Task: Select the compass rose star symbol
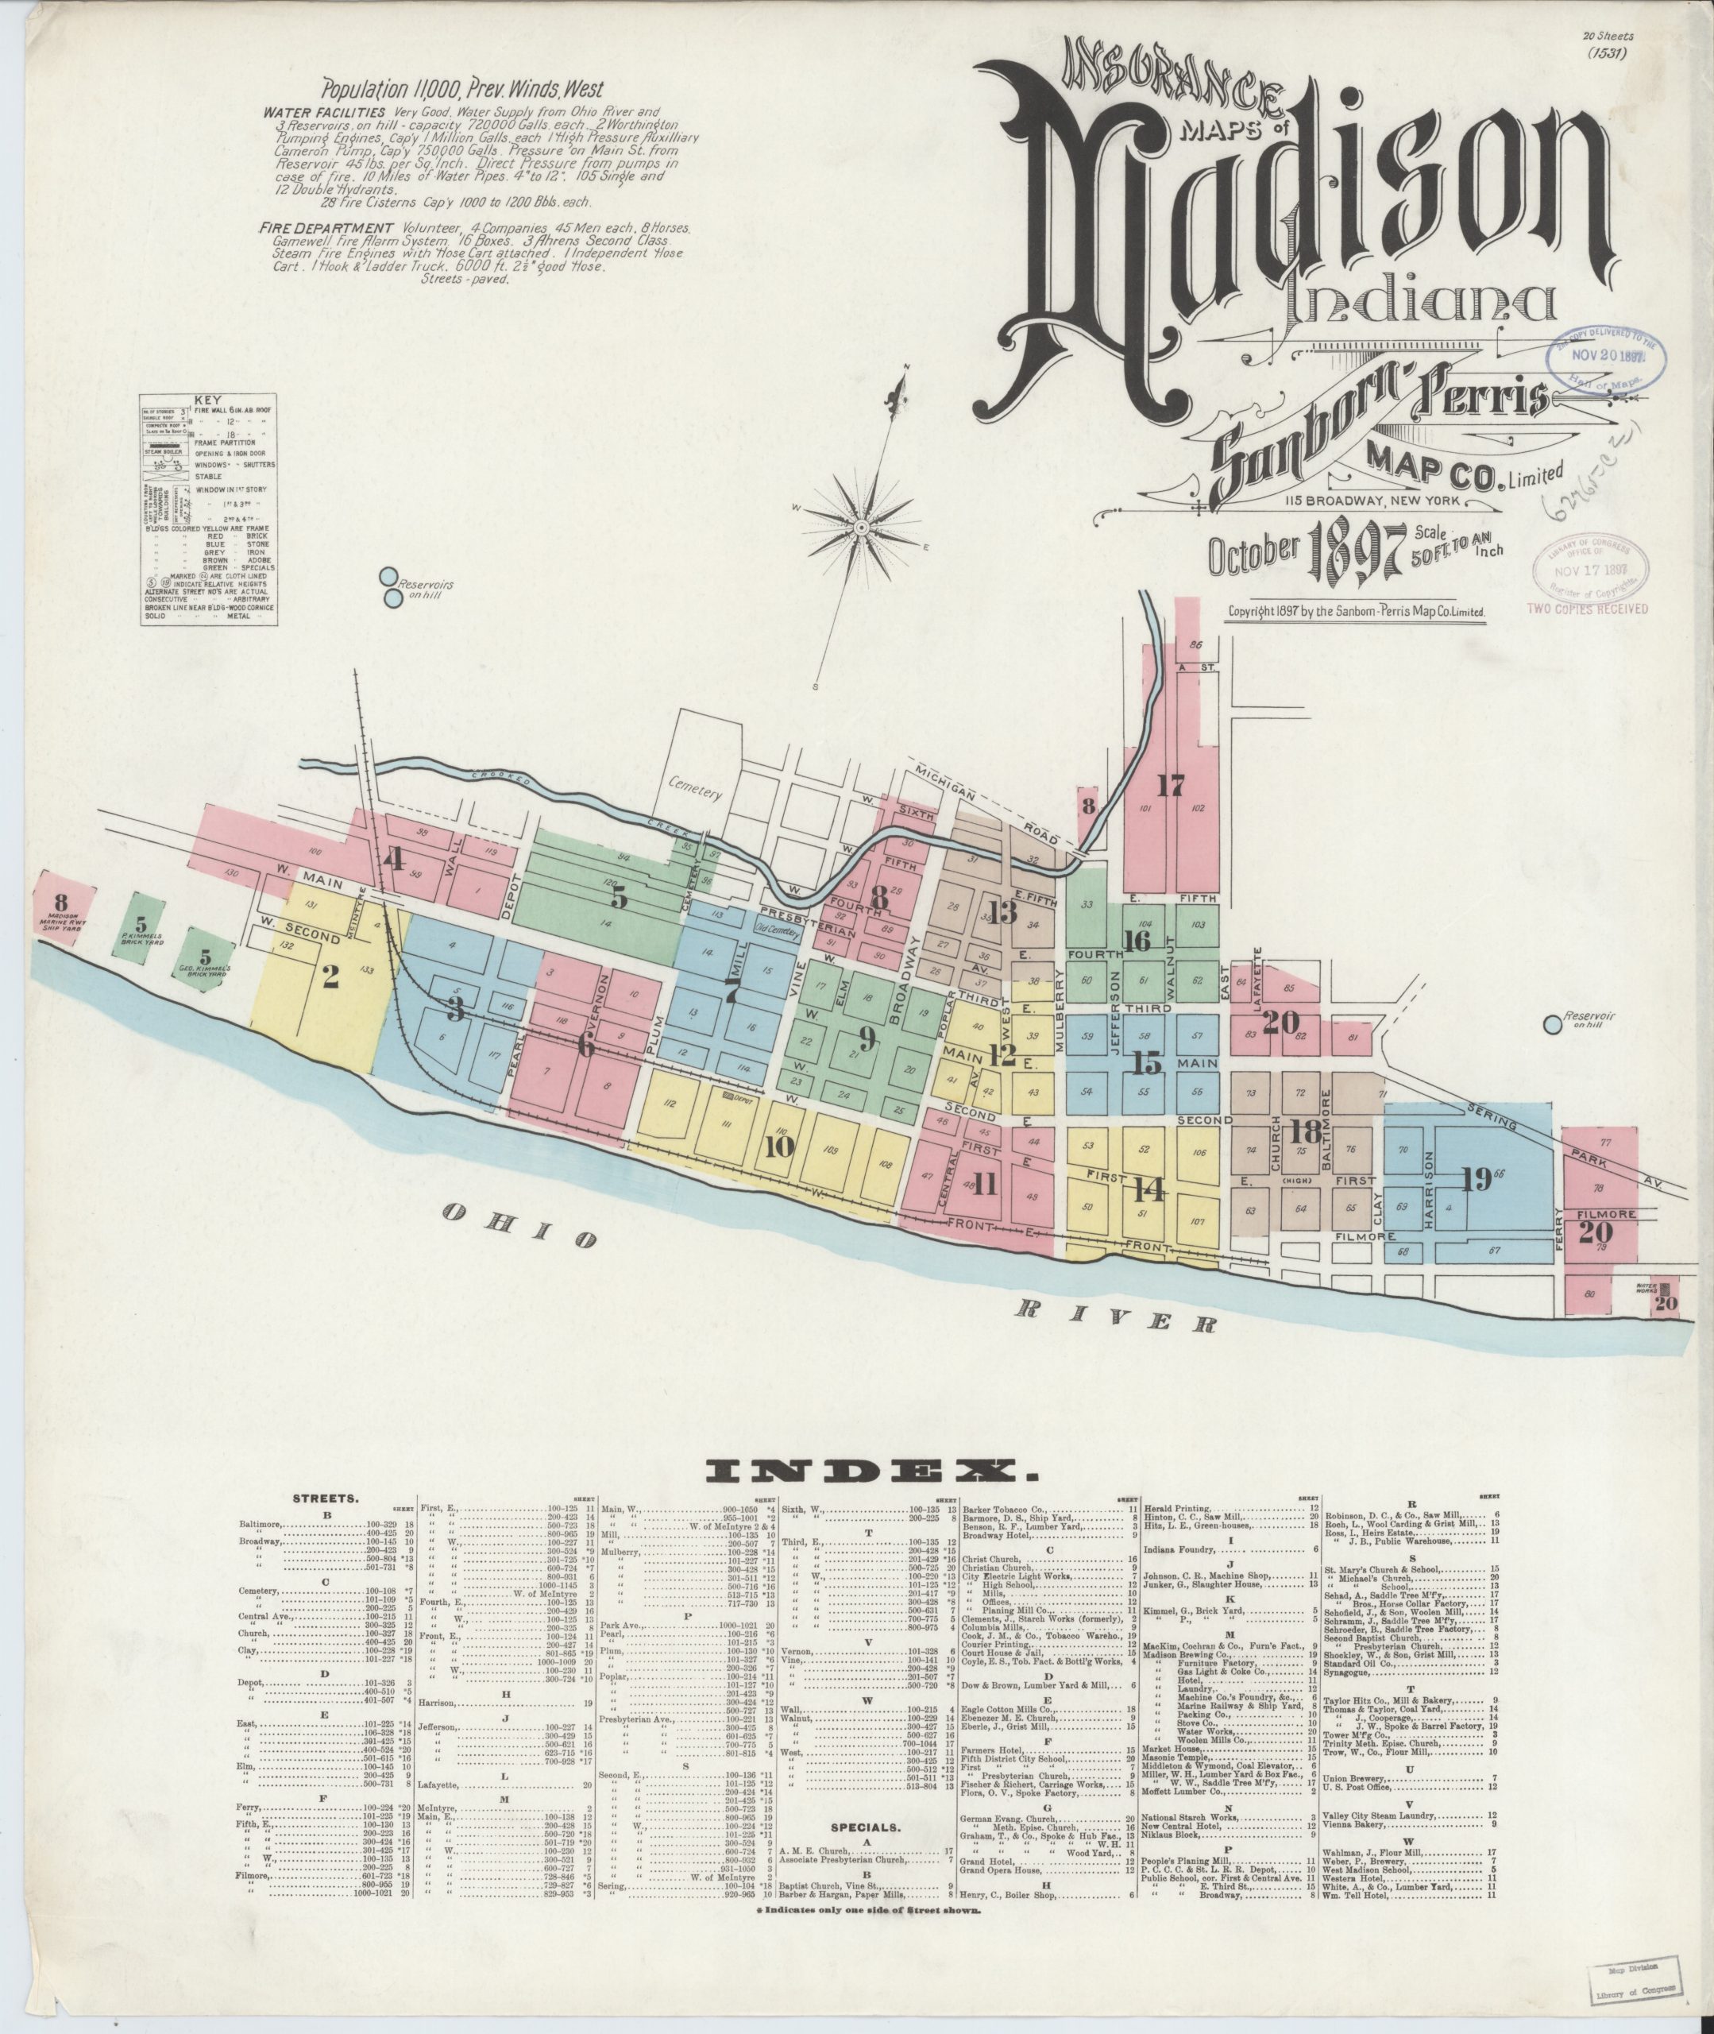coord(861,526)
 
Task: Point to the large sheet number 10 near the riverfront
coord(779,1147)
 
